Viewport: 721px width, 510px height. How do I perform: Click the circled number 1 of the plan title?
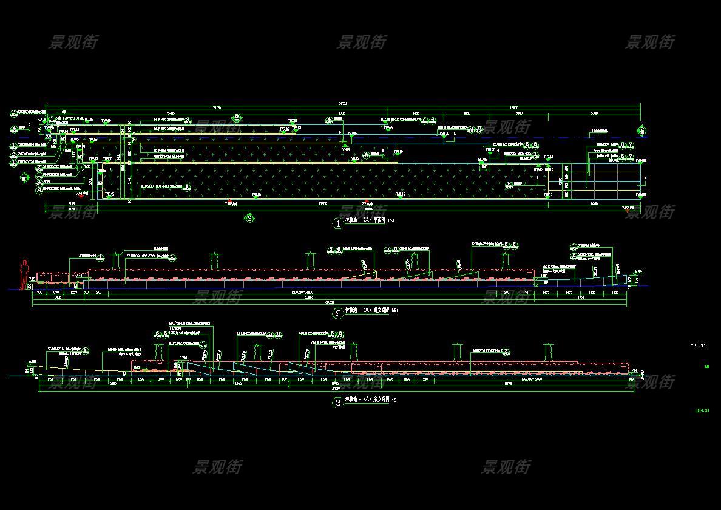[x=338, y=223]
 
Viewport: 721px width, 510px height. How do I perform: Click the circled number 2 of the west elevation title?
[x=338, y=313]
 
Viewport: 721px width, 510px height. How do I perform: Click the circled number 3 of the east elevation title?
[x=338, y=402]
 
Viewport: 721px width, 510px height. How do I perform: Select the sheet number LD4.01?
[x=702, y=411]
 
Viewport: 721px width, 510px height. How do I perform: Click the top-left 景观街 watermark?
[x=73, y=42]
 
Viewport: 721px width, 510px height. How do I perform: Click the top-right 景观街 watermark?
[x=650, y=42]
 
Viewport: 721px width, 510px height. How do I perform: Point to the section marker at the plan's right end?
[x=642, y=130]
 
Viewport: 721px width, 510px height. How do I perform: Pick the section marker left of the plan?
[x=24, y=178]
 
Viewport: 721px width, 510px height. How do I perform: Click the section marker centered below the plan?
[x=249, y=217]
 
